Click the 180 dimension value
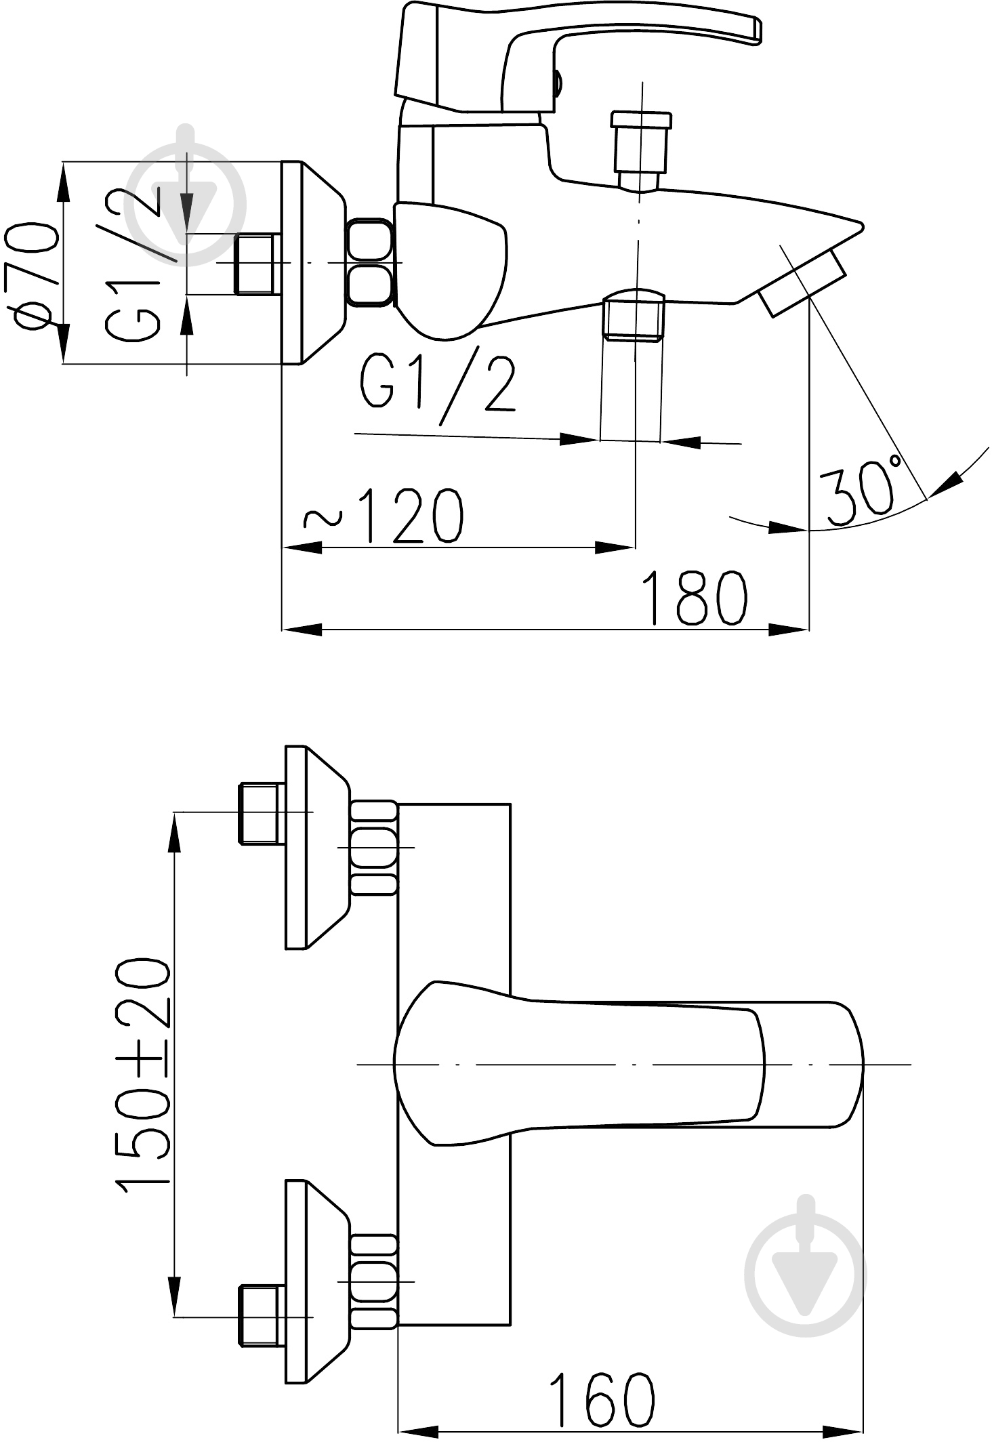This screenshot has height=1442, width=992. click(696, 598)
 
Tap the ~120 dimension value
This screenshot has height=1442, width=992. click(384, 515)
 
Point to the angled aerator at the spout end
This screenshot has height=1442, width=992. click(804, 283)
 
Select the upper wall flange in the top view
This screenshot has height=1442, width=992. click(314, 847)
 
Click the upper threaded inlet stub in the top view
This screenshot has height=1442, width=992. click(260, 813)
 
